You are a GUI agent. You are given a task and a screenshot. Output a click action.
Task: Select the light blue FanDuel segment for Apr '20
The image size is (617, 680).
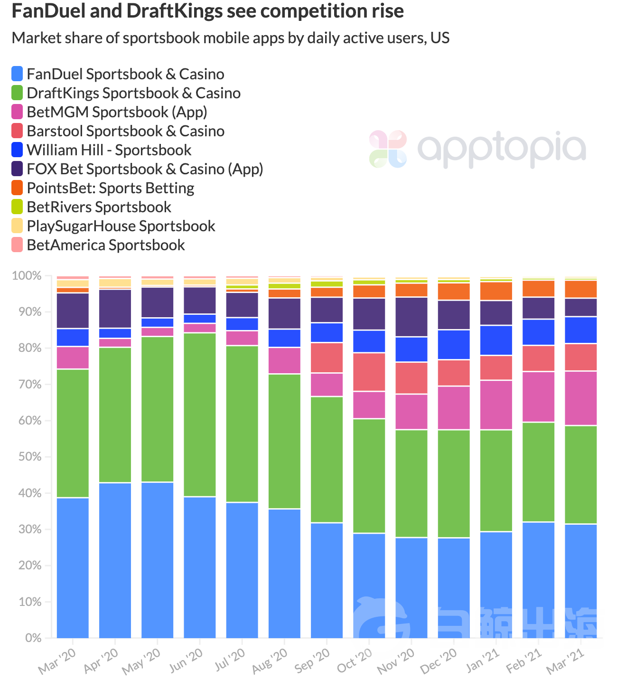point(115,560)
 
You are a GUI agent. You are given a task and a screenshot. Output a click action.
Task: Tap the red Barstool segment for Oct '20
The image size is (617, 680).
point(369,372)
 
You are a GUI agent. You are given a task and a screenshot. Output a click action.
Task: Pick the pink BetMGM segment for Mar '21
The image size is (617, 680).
point(581,398)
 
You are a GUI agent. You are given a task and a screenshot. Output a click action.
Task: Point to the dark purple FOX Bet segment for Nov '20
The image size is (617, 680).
point(411,317)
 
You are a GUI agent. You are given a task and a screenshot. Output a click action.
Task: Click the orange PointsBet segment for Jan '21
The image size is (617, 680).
point(496,291)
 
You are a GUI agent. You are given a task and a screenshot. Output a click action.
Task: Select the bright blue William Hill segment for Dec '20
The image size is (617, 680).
point(454,344)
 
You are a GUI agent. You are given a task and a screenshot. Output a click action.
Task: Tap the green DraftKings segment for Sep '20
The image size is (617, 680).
point(327,459)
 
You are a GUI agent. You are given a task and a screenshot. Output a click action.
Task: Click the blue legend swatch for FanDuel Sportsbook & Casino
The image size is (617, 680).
point(17,74)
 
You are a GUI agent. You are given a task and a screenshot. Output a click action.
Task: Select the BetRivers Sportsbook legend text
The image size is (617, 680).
point(99,207)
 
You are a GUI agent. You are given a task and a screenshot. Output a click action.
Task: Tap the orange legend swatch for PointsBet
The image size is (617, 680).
point(17,188)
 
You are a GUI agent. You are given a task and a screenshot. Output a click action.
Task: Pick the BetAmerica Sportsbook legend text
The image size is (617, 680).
point(106,245)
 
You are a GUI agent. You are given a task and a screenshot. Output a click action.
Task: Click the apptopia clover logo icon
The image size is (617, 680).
point(388,149)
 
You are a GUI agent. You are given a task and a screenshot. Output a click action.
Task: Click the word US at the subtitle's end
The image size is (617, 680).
point(440,38)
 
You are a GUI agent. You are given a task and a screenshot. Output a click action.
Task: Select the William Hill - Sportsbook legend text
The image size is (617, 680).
point(109,150)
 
